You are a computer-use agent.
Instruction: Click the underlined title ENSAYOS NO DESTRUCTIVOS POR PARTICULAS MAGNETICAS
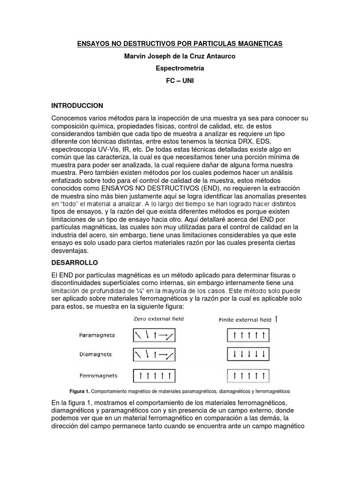tap(180, 44)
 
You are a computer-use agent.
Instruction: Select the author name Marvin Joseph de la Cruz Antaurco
tap(180, 56)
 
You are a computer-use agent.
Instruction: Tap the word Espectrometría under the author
tap(180, 68)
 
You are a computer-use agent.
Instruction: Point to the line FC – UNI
tap(180, 81)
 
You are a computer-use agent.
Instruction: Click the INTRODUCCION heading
tap(77, 105)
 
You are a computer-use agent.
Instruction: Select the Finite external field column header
tap(246, 320)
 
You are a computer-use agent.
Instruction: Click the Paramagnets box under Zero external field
tap(154, 335)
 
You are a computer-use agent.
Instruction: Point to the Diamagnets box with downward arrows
tap(248, 355)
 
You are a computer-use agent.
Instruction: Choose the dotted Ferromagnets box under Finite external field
tap(248, 375)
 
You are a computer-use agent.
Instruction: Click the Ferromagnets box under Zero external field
tap(154, 375)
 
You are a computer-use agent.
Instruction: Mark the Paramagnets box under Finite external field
tap(248, 335)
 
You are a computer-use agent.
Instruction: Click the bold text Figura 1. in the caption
tap(79, 391)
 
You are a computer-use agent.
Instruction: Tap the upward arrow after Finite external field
tap(276, 319)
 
